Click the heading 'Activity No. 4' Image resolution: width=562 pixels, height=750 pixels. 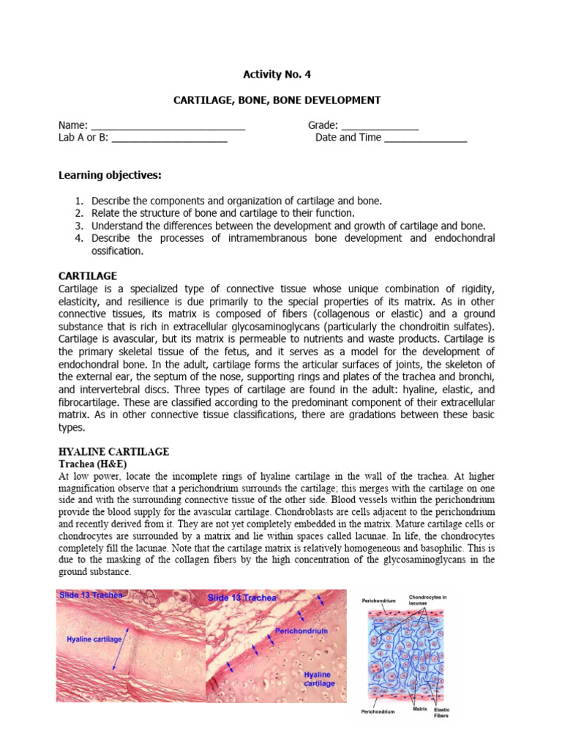point(281,74)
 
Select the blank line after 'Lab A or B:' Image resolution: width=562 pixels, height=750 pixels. point(169,138)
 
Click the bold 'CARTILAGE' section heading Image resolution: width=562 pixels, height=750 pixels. point(87,275)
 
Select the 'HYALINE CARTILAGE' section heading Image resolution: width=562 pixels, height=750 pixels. point(113,452)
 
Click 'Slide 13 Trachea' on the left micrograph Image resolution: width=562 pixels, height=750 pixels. point(91,595)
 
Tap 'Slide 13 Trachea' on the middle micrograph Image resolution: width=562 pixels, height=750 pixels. point(242,598)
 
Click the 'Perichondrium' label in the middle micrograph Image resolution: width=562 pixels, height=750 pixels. point(301,630)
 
